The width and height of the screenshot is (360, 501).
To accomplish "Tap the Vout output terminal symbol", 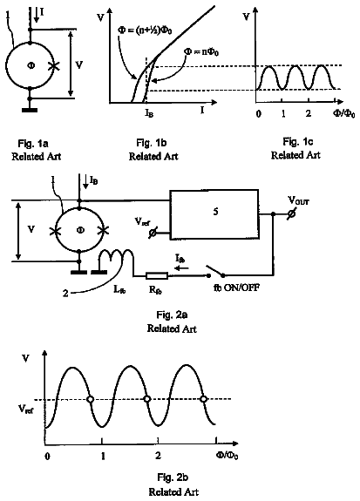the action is point(291,214).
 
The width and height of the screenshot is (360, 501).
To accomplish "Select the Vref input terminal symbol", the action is point(153,233).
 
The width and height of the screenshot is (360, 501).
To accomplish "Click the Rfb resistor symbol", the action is point(157,275).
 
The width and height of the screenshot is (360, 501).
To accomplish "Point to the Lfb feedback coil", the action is point(117,255).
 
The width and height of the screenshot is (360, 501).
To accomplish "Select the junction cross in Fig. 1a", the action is point(53,66).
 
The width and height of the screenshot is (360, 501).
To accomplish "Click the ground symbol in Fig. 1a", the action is point(30,111).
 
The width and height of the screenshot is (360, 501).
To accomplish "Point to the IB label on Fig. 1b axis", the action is point(149,112).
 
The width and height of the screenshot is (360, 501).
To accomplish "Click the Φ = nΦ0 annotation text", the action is point(201,51).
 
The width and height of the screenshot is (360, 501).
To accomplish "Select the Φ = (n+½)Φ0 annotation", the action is point(145,30).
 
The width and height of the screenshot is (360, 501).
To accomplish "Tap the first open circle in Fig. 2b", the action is point(91,399).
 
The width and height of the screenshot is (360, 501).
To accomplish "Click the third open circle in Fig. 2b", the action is point(203,399).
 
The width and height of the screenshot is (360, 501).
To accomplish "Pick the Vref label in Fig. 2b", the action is point(25,409).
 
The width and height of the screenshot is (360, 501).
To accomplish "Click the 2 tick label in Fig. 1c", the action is point(308,113).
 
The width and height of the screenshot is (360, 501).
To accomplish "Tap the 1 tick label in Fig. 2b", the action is point(103,456).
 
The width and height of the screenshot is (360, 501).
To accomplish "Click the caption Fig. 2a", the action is point(172,315).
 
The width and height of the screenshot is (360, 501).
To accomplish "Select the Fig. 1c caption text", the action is point(297,141).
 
